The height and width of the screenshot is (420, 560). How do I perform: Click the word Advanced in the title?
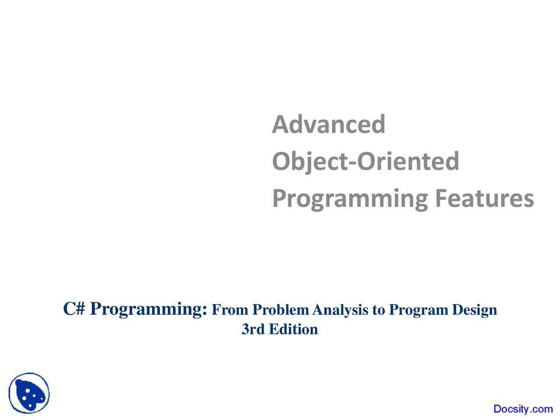(329, 124)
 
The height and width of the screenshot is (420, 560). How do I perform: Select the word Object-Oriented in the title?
(366, 161)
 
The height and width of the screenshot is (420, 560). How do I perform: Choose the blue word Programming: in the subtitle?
(149, 310)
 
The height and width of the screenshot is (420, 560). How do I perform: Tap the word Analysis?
(340, 310)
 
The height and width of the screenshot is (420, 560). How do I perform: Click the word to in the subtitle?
(378, 310)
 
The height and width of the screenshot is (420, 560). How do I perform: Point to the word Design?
(475, 310)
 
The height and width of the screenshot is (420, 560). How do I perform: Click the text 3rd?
(253, 329)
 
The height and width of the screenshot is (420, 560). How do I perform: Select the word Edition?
(293, 329)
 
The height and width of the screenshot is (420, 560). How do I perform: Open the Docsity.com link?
(523, 409)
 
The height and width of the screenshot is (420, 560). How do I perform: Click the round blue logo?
(29, 393)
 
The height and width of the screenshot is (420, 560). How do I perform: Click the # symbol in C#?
(80, 309)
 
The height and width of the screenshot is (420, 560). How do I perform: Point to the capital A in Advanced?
(280, 124)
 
